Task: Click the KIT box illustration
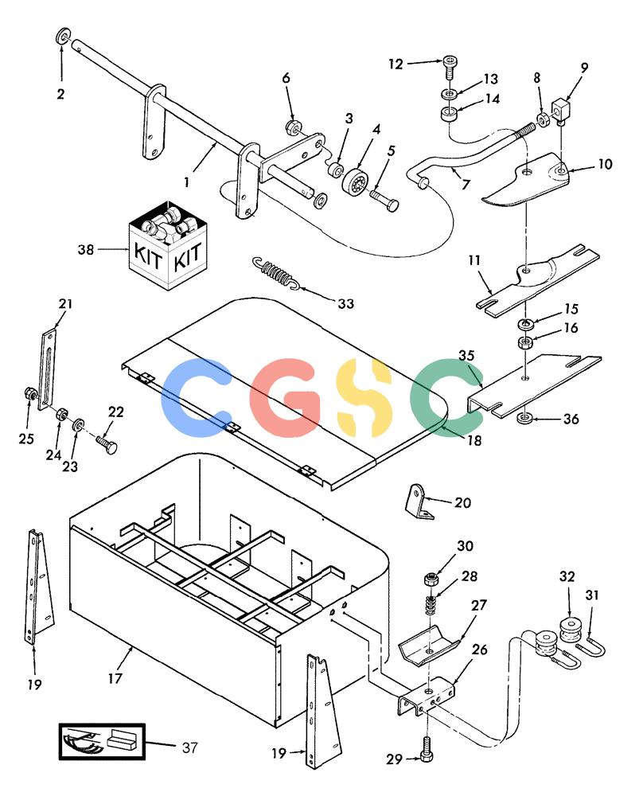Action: pos(168,246)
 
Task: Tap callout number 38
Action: pos(86,249)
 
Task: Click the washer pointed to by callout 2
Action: pos(63,37)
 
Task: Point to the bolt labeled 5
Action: pos(384,199)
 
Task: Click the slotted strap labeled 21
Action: pos(47,369)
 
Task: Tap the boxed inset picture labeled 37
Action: pos(102,742)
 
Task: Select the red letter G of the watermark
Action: pos(286,397)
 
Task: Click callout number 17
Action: pos(115,678)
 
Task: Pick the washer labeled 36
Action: pos(524,419)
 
